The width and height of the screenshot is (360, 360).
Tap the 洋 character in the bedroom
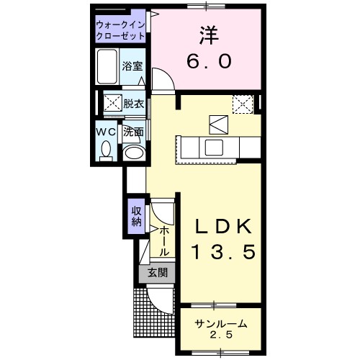[x=207, y=34]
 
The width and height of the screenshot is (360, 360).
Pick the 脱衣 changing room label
[x=133, y=104]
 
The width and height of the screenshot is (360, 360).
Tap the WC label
[x=107, y=132]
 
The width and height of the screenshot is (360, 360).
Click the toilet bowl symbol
[x=107, y=151]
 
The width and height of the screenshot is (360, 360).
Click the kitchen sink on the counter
[x=215, y=148]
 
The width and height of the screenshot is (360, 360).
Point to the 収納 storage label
[x=137, y=215]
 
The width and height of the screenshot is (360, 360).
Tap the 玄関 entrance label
[x=158, y=273]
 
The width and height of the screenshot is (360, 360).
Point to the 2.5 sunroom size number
[x=221, y=336]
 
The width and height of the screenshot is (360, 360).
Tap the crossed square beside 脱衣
[x=112, y=104]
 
